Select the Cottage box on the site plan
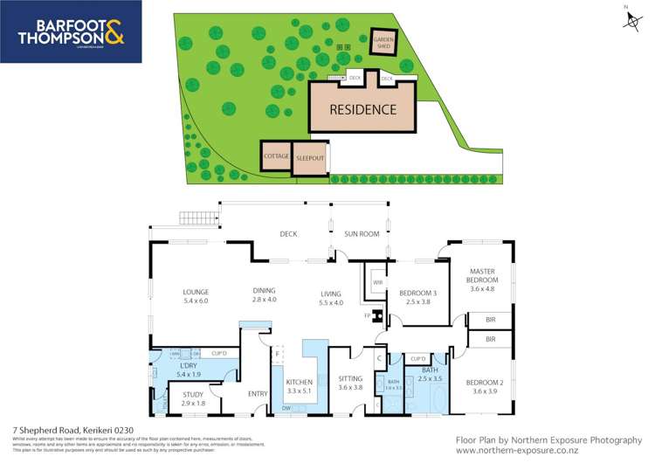tap(276, 156)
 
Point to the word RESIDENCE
tap(363, 110)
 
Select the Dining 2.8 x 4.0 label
tap(264, 295)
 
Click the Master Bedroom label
tap(482, 280)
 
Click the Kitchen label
tap(299, 386)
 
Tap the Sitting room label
tap(350, 382)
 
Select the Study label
tap(193, 398)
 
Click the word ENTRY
tap(258, 394)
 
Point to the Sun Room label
tap(362, 234)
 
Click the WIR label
tap(378, 283)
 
